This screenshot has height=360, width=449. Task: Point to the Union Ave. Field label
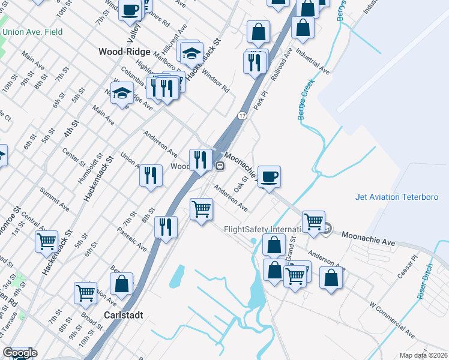[32, 31]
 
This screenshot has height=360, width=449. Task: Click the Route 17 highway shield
[242, 115]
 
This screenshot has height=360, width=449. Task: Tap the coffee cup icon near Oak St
[269, 176]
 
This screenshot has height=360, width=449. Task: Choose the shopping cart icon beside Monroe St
[46, 241]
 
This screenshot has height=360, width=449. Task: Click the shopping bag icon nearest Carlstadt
[121, 284]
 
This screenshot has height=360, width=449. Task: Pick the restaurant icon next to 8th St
[151, 175]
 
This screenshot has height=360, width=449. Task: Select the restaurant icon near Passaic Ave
[166, 227]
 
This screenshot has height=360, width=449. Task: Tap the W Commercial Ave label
[392, 320]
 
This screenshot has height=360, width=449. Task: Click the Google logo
[19, 353]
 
